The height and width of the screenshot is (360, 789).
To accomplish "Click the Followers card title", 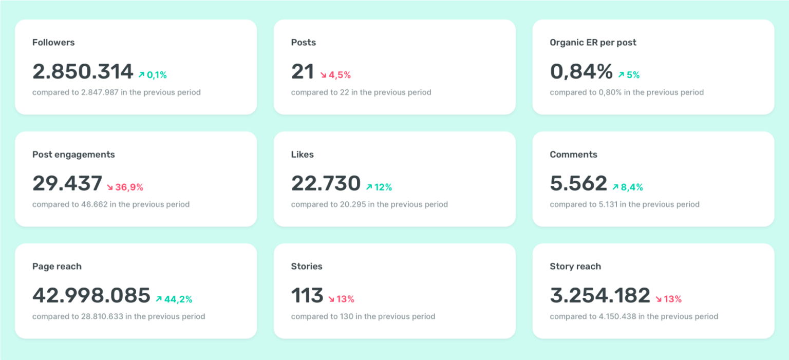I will click(x=53, y=43).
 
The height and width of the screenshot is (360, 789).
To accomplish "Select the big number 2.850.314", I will click(x=83, y=72).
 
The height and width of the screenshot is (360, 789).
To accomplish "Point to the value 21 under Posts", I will click(x=303, y=72).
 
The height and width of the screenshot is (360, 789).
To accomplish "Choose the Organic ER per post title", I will click(x=593, y=43).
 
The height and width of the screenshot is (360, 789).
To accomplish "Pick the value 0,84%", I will click(x=581, y=72).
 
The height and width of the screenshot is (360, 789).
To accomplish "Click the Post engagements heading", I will click(x=73, y=155).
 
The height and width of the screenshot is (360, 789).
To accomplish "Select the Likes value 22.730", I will click(x=326, y=184).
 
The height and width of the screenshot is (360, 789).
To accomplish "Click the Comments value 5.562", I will click(x=578, y=184).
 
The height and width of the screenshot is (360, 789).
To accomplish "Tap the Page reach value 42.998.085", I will click(x=91, y=296).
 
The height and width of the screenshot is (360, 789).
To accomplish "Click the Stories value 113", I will click(x=307, y=296).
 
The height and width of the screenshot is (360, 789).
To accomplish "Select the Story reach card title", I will click(x=575, y=267).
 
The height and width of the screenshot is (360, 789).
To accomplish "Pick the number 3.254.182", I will click(x=600, y=296).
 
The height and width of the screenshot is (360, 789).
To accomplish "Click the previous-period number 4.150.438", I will click(x=621, y=316).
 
